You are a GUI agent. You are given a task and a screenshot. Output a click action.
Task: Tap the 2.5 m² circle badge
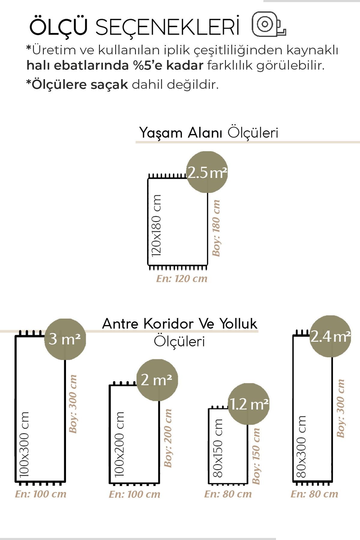tap(207, 172)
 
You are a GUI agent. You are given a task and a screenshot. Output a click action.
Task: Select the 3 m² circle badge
tap(65, 339)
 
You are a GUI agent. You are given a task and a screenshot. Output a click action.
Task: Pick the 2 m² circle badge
tap(157, 380)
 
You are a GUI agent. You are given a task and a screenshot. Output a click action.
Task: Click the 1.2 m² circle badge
tap(248, 404)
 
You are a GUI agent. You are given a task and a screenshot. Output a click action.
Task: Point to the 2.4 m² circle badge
tap(330, 336)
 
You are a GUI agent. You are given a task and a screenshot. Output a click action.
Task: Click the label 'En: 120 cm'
tap(181, 279)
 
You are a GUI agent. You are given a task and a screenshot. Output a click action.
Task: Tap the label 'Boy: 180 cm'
tap(216, 228)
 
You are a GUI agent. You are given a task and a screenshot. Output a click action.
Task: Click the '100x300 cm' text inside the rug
tap(24, 444)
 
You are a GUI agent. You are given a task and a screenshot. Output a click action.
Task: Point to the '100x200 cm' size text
tap(119, 444)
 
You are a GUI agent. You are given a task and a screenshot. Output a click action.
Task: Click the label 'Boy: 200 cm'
tap(168, 438)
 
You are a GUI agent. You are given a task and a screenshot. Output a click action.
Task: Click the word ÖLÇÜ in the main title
tap(58, 26)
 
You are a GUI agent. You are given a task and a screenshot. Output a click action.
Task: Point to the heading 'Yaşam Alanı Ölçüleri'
tap(208, 133)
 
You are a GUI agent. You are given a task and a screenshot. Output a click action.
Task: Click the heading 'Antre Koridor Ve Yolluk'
tap(179, 324)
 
